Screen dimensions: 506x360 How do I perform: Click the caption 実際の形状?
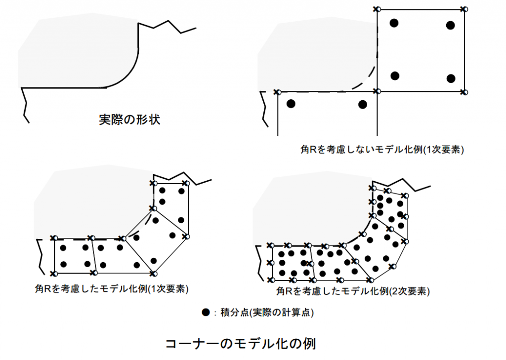coord(129,120)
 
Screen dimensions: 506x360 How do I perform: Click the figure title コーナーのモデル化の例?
coord(241,344)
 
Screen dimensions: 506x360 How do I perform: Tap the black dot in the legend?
coord(206,312)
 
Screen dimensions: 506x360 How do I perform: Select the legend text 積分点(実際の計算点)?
coord(267,313)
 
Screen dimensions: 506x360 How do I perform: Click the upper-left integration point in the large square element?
coord(394,23)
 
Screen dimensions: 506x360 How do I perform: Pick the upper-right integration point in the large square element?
coord(451,25)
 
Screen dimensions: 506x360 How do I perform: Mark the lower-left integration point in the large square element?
coord(395,76)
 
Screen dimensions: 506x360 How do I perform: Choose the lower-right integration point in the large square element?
coord(451,78)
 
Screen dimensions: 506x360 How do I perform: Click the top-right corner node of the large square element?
coord(464,9)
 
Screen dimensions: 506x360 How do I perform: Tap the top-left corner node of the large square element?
coord(377,9)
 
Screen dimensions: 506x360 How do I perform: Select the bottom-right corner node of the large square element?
coord(464,92)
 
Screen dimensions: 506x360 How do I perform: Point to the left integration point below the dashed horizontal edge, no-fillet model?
coord(291,104)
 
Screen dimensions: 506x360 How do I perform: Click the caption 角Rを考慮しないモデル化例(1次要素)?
coord(382,150)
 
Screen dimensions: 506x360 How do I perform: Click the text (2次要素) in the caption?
coord(410,291)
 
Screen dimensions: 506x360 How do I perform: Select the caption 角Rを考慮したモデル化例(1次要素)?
coord(112,289)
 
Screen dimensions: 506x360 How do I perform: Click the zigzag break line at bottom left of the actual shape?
coord(25,105)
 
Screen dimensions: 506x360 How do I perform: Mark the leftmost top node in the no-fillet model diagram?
coord(277,92)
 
